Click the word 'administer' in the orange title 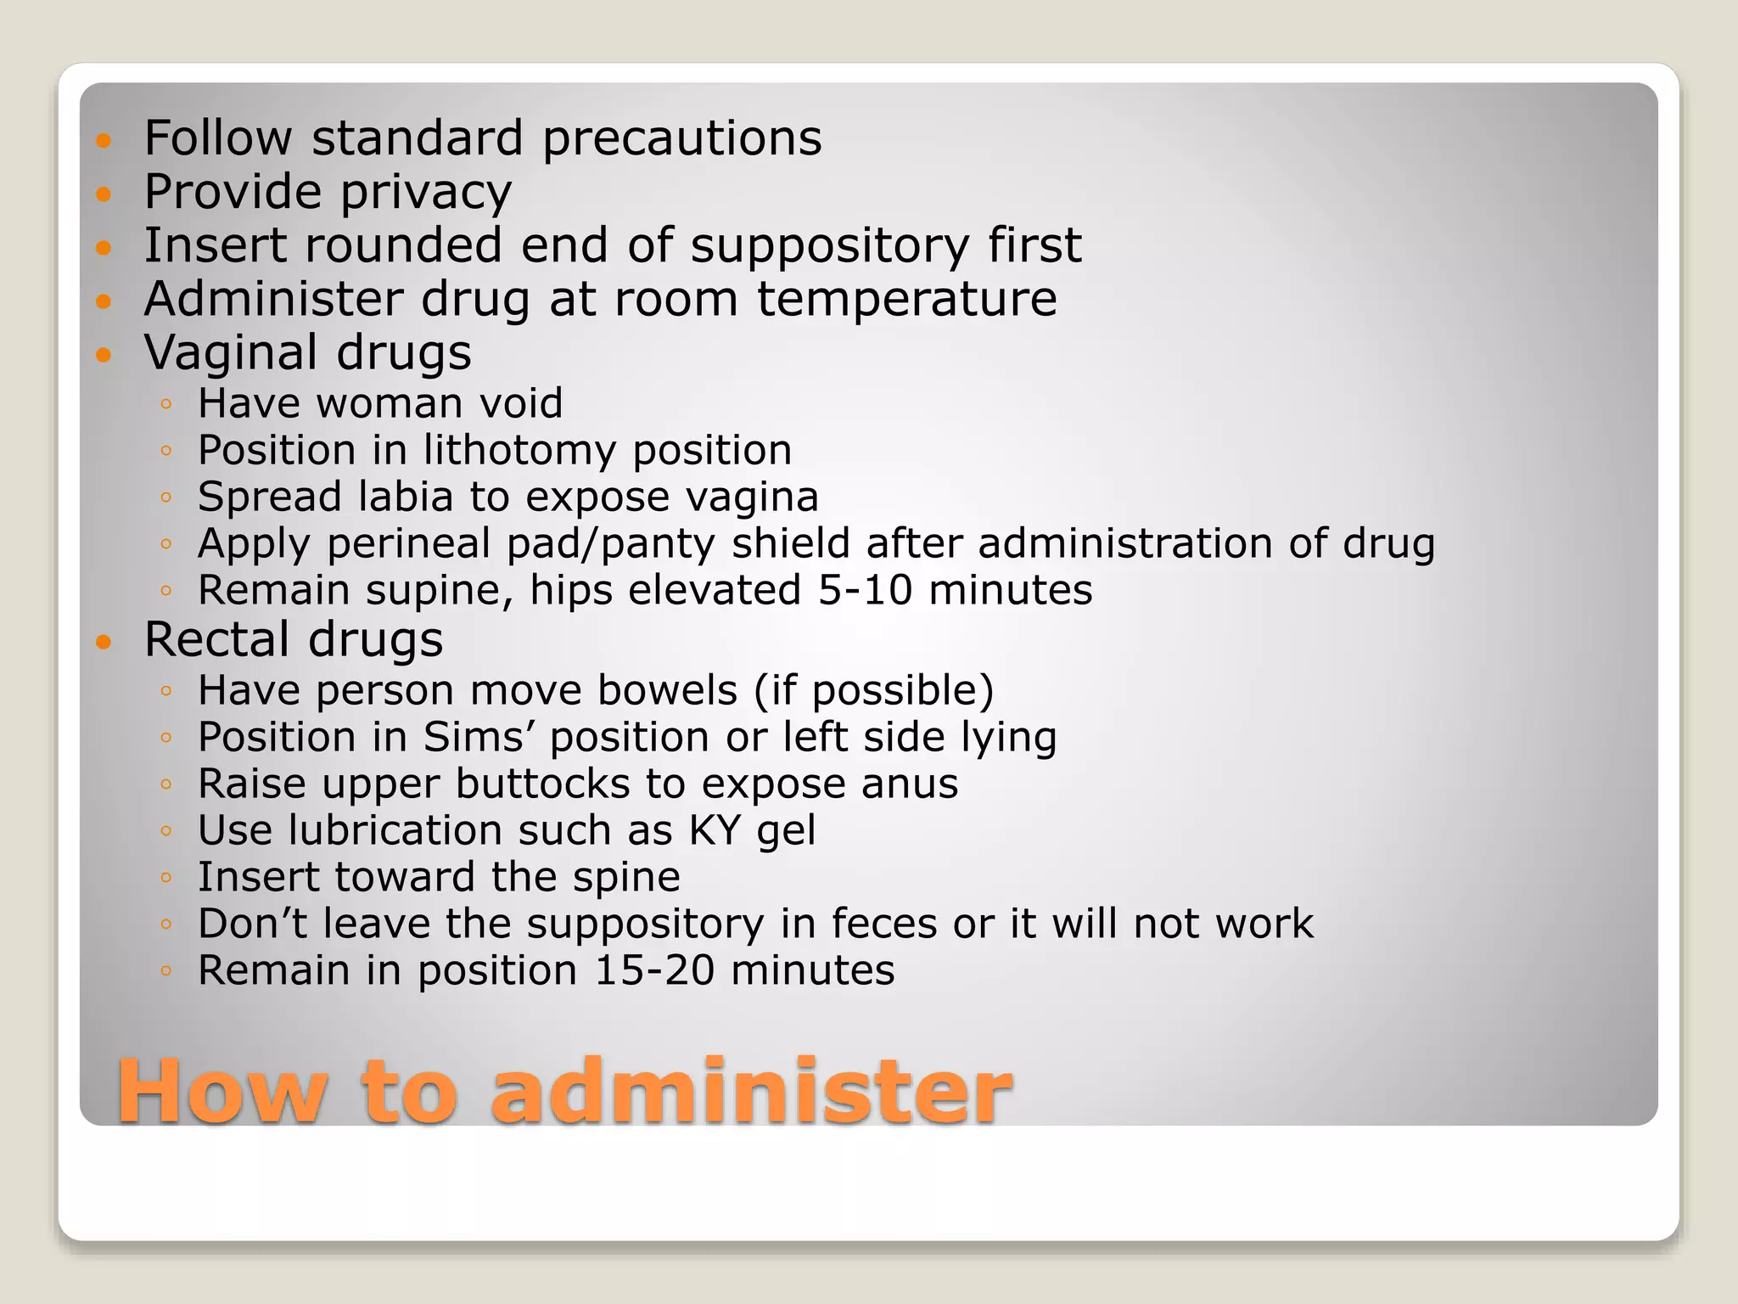coord(751,1092)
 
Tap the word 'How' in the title coord(222,1092)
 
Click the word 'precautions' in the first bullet coord(682,138)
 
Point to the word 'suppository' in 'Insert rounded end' coord(829,246)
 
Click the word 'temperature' coord(906,299)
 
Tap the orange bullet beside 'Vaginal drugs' coord(104,354)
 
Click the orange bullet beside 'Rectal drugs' coord(104,641)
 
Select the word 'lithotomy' coord(519,450)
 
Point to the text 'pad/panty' coord(610,544)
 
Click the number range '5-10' coord(865,590)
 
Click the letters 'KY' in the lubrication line coord(715,830)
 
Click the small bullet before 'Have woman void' coord(166,404)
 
